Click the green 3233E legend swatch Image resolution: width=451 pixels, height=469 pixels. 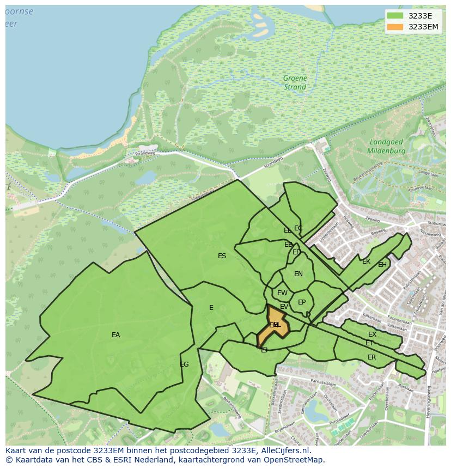click(x=395, y=15)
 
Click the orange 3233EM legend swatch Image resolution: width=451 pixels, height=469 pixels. click(x=395, y=27)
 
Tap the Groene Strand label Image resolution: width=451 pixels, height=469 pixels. click(x=295, y=83)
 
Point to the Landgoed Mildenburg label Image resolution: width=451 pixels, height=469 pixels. click(x=385, y=146)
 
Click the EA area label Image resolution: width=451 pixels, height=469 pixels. click(x=115, y=335)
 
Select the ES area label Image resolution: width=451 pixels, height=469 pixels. click(x=222, y=256)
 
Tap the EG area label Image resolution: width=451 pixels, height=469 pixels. click(x=184, y=364)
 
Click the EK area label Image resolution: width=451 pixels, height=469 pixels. click(x=366, y=261)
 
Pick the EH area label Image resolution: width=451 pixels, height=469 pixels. click(x=382, y=265)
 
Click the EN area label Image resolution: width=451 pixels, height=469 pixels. click(x=298, y=274)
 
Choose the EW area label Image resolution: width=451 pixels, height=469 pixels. click(x=282, y=293)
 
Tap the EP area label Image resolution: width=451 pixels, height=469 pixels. click(x=302, y=302)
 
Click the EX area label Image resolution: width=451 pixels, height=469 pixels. click(x=372, y=334)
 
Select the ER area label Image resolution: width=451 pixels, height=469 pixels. click(x=371, y=357)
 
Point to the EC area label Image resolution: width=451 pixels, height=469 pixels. click(x=298, y=228)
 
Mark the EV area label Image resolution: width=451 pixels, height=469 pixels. click(x=284, y=307)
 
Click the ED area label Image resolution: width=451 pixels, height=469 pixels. click(x=296, y=252)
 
